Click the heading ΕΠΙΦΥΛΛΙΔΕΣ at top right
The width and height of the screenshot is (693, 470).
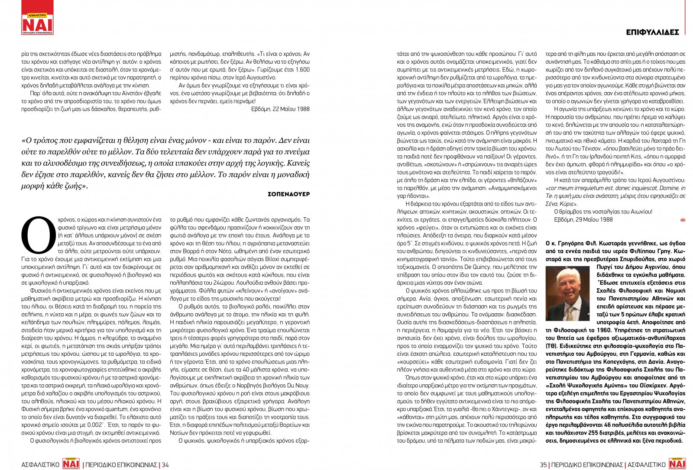pyautogui.click(x=652, y=32)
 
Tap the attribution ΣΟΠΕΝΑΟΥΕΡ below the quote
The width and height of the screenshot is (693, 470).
pyautogui.click(x=289, y=194)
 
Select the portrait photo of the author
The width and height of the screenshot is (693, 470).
pyautogui.click(x=567, y=293)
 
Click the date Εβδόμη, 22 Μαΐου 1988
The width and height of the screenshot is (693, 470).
pyautogui.click(x=280, y=109)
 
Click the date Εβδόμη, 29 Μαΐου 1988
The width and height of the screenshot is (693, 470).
pyautogui.click(x=583, y=219)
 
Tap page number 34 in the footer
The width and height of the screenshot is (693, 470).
pyautogui.click(x=165, y=465)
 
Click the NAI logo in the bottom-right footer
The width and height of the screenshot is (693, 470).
pyautogui.click(x=677, y=464)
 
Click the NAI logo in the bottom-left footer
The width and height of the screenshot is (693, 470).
pyautogui.click(x=71, y=464)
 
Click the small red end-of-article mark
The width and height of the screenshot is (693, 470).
pyautogui.click(x=683, y=220)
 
